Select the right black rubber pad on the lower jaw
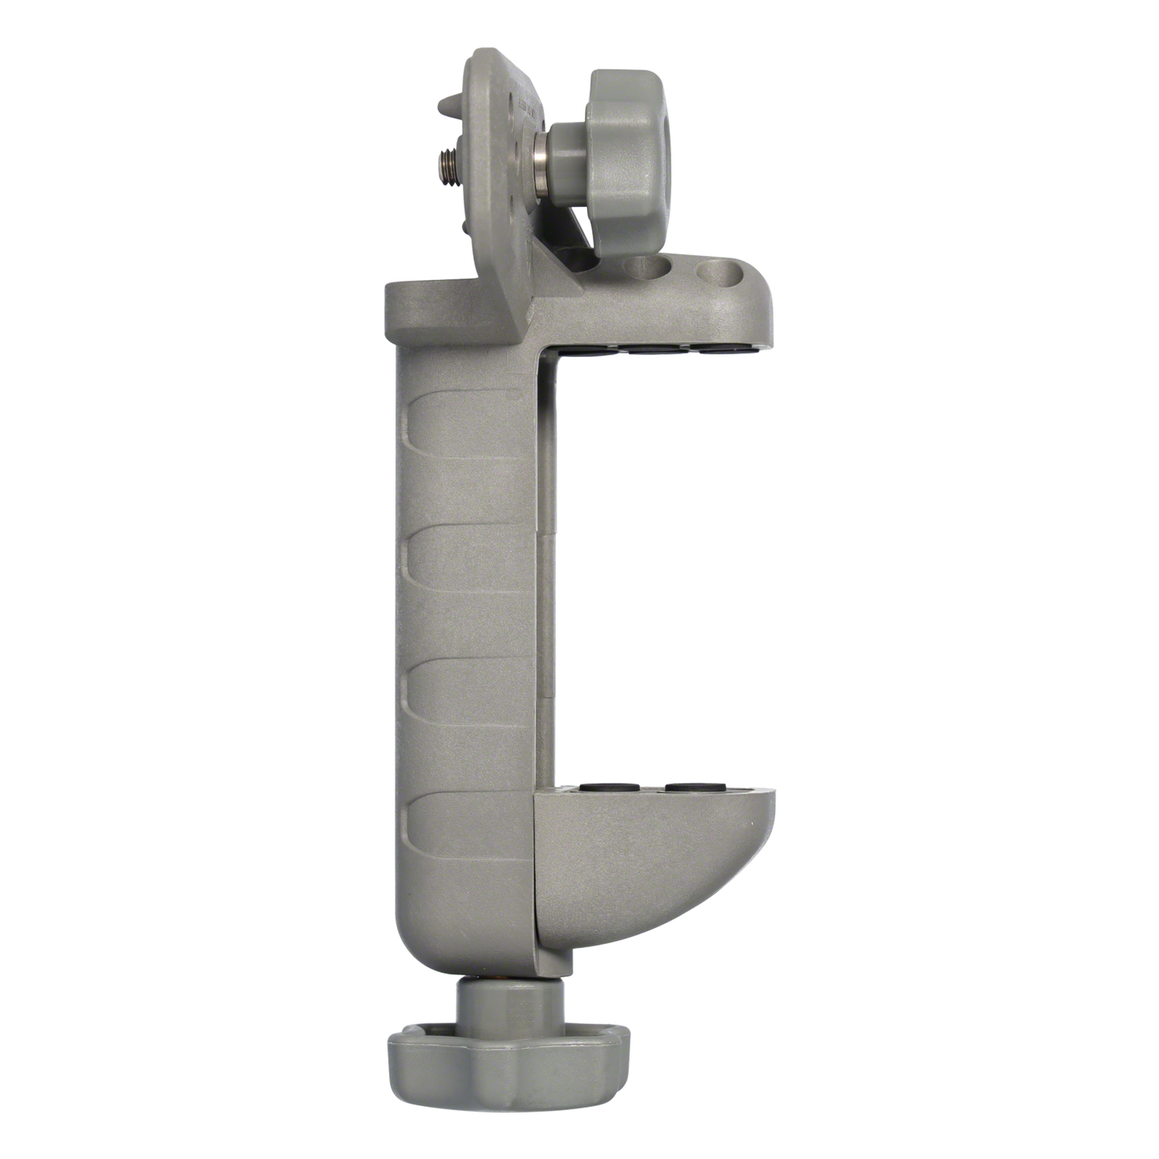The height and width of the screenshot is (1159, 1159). [x=693, y=792]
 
